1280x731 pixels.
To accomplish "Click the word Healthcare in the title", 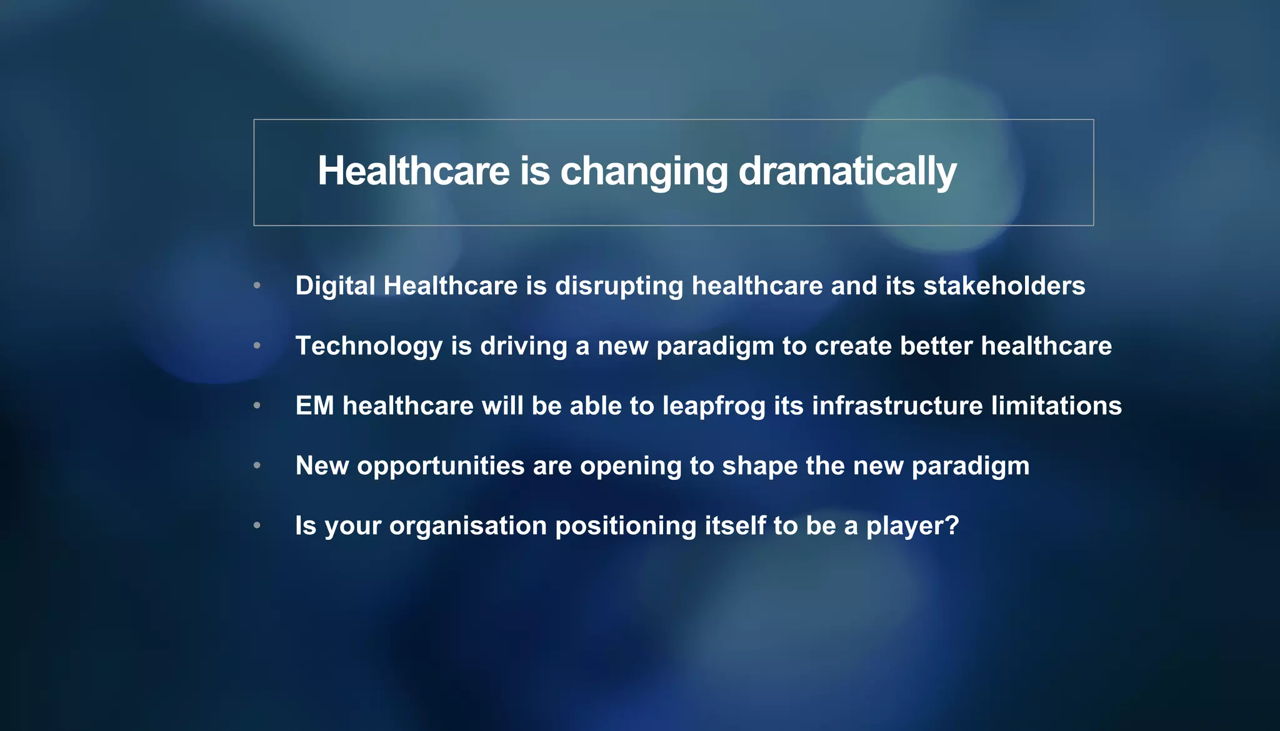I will (413, 171).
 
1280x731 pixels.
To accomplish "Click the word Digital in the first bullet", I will (335, 286).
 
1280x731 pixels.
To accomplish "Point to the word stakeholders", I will (1004, 286).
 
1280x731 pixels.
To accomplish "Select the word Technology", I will (369, 346).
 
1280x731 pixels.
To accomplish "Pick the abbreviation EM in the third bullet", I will (314, 406).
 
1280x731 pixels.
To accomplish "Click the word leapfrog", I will (714, 407).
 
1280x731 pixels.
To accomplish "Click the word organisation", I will (468, 526).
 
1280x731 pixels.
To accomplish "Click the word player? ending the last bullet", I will (912, 526).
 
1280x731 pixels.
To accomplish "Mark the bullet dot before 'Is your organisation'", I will (257, 525).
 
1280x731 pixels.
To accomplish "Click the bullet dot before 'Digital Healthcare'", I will (257, 286).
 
